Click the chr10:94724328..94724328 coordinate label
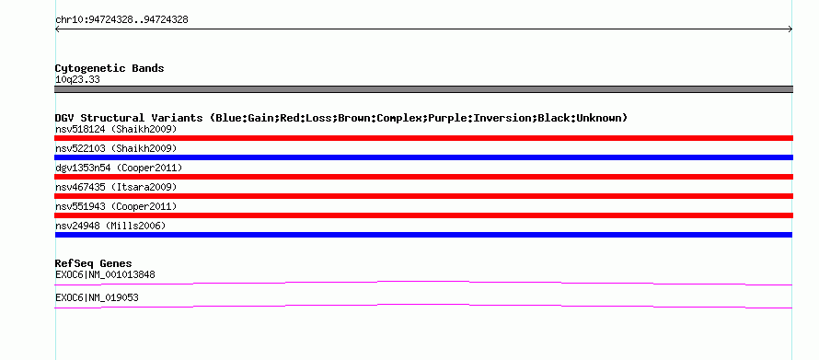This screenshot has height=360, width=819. coord(121,20)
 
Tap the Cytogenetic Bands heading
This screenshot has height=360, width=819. coord(110,68)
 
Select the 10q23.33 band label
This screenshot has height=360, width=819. coord(77,80)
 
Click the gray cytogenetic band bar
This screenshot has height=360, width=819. coord(423,89)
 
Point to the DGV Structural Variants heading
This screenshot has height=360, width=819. coord(341,118)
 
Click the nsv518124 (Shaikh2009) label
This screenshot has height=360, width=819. coord(116,129)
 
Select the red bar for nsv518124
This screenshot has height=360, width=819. coord(423,138)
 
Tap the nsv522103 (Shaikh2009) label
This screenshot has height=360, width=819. coord(116,148)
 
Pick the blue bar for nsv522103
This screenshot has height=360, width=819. coord(423,157)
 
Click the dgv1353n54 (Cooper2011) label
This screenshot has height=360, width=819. coord(119,168)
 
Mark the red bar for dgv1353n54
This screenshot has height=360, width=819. coord(423,177)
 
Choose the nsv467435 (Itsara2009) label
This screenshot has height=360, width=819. coord(116,187)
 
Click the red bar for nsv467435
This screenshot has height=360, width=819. coord(423,196)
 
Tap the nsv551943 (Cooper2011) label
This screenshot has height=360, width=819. coord(116,206)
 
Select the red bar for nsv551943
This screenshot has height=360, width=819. coord(423,215)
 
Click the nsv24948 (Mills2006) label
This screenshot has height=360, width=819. coord(110,226)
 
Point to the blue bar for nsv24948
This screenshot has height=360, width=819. coord(423,235)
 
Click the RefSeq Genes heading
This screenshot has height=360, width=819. coord(94,264)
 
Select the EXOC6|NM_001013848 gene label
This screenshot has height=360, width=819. coord(105,274)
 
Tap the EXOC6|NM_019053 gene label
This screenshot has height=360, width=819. coord(97,297)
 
